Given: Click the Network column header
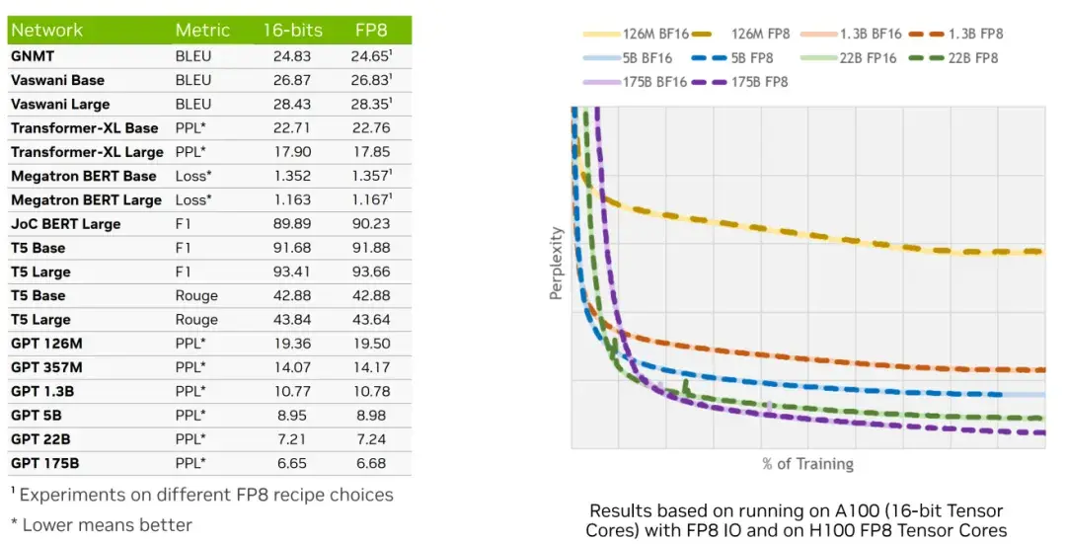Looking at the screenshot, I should tap(46, 31).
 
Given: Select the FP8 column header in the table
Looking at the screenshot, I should tap(370, 31).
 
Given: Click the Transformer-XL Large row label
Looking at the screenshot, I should tap(87, 152).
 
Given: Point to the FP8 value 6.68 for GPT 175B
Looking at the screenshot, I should tap(371, 463).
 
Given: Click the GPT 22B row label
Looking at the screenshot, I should tap(40, 439).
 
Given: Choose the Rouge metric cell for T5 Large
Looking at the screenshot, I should tap(196, 320).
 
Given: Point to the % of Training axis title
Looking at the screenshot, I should tap(807, 464).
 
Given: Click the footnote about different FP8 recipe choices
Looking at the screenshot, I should tap(202, 495).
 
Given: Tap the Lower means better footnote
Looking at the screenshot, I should tap(101, 524).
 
